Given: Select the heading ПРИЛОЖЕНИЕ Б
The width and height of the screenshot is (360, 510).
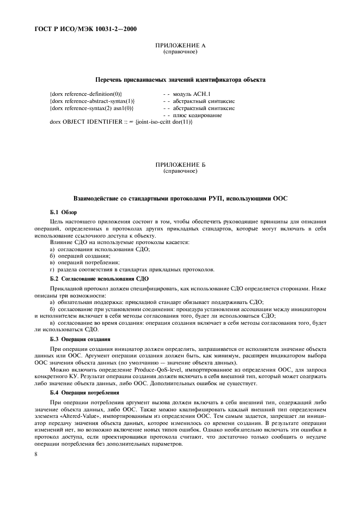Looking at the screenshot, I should pos(180,164).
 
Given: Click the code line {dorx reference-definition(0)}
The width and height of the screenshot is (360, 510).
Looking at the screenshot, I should pos(86,95).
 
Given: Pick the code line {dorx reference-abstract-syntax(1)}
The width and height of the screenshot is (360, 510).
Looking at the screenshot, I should pos(92,101).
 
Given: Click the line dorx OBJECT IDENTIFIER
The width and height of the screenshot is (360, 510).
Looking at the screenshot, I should pos(121,122).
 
